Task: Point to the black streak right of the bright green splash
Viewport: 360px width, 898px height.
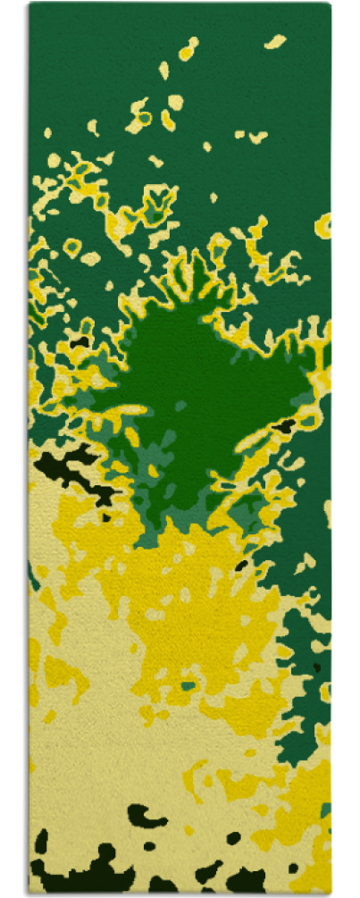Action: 284,427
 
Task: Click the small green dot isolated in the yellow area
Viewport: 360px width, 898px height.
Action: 188,686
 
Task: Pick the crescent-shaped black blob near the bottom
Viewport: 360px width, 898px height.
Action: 146,815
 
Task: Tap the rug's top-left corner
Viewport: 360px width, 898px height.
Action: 29,4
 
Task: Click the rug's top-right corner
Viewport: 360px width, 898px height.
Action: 330,4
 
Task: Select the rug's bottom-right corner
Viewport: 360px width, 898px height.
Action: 330,894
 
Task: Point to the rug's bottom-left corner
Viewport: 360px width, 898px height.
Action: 29,894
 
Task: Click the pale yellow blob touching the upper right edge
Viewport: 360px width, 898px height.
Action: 323,223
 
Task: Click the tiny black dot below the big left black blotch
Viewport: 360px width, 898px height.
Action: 105,516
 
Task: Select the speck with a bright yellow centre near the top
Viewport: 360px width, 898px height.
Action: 188,50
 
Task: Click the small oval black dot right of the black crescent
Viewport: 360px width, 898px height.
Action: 233,839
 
